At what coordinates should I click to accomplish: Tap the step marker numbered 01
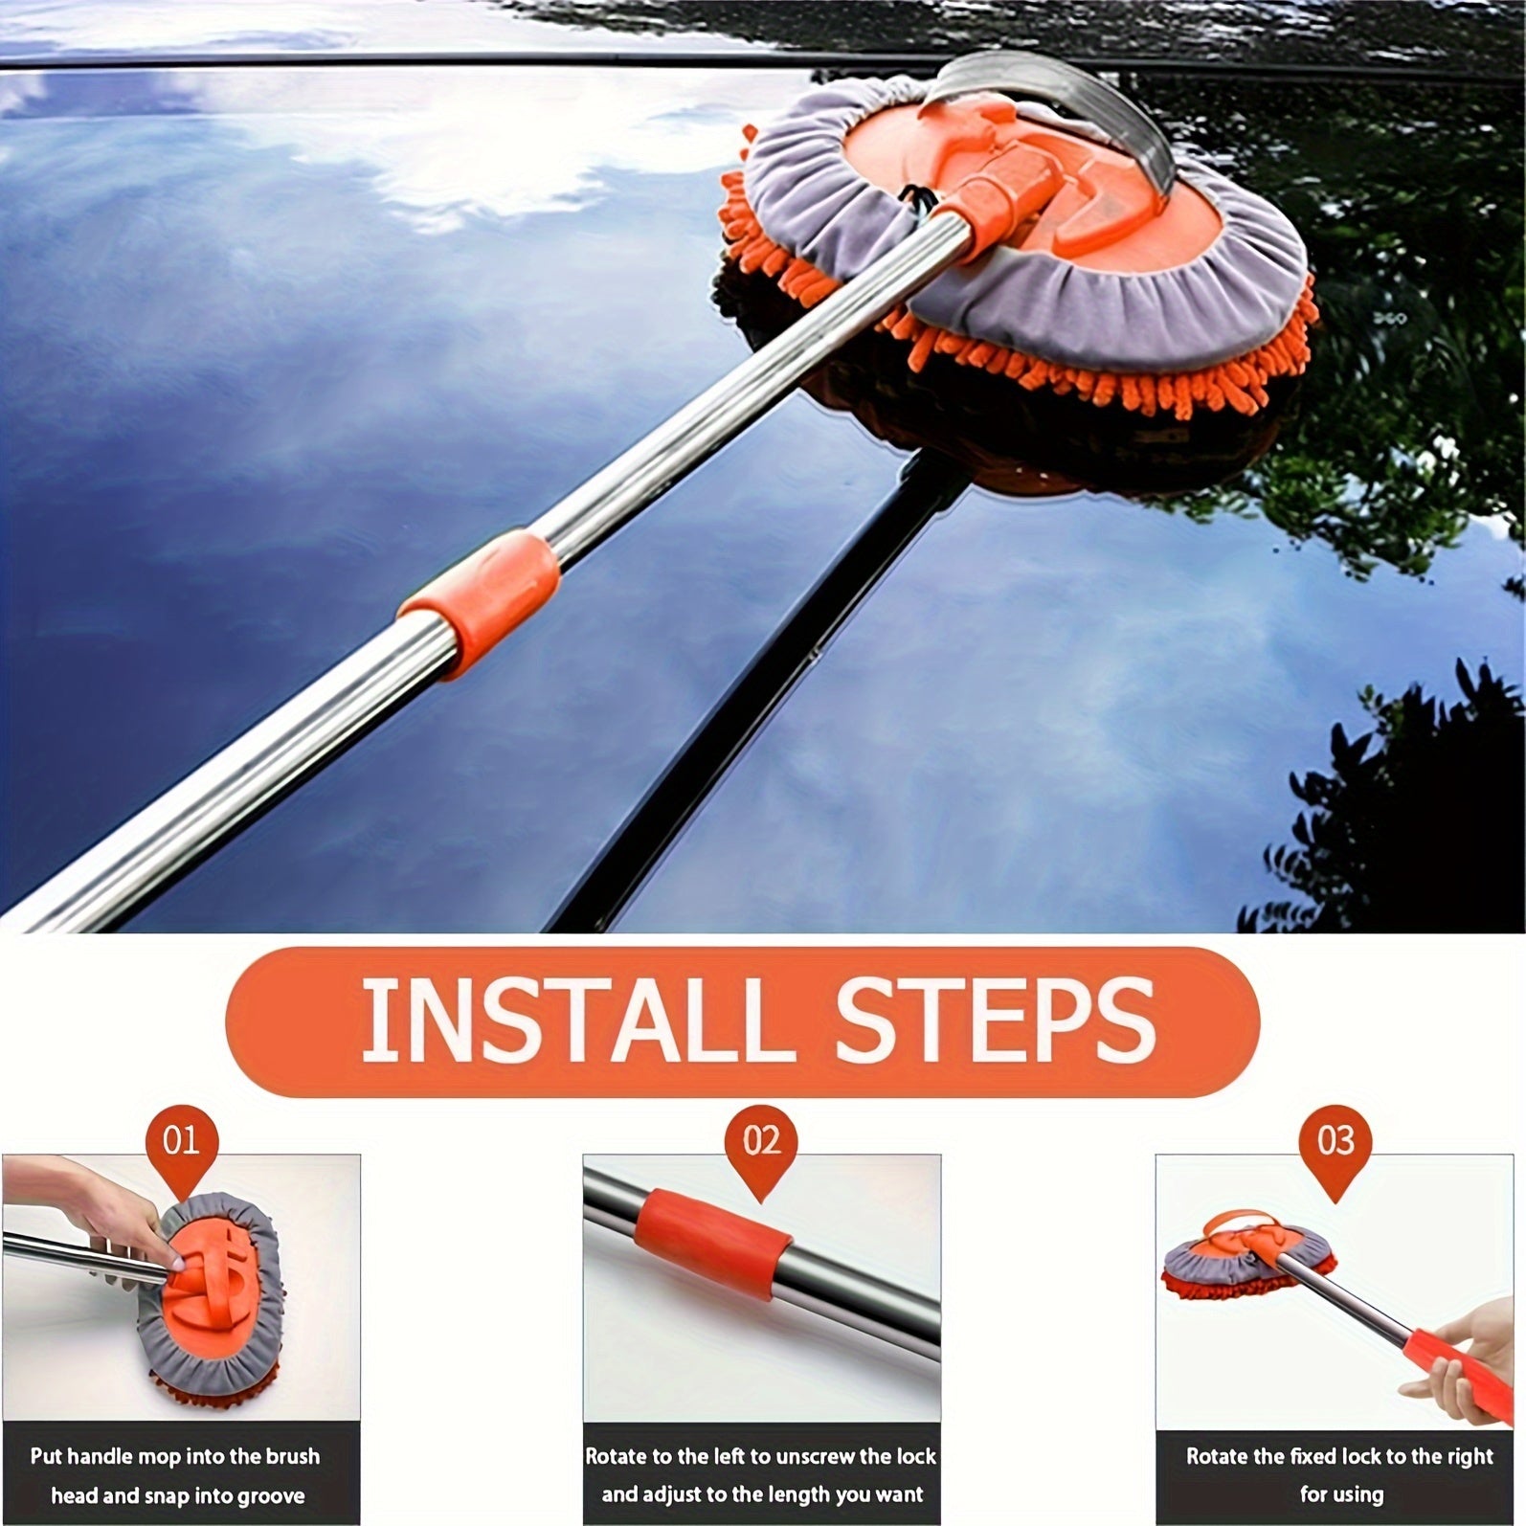[x=181, y=1141]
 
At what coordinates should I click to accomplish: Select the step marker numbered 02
[x=762, y=1141]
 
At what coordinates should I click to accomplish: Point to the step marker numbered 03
[x=1335, y=1141]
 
